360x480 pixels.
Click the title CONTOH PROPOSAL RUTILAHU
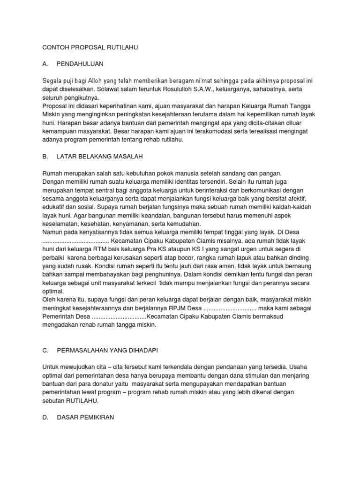click(90, 47)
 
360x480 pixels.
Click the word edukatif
click(55, 207)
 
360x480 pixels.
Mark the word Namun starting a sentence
click(53, 232)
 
